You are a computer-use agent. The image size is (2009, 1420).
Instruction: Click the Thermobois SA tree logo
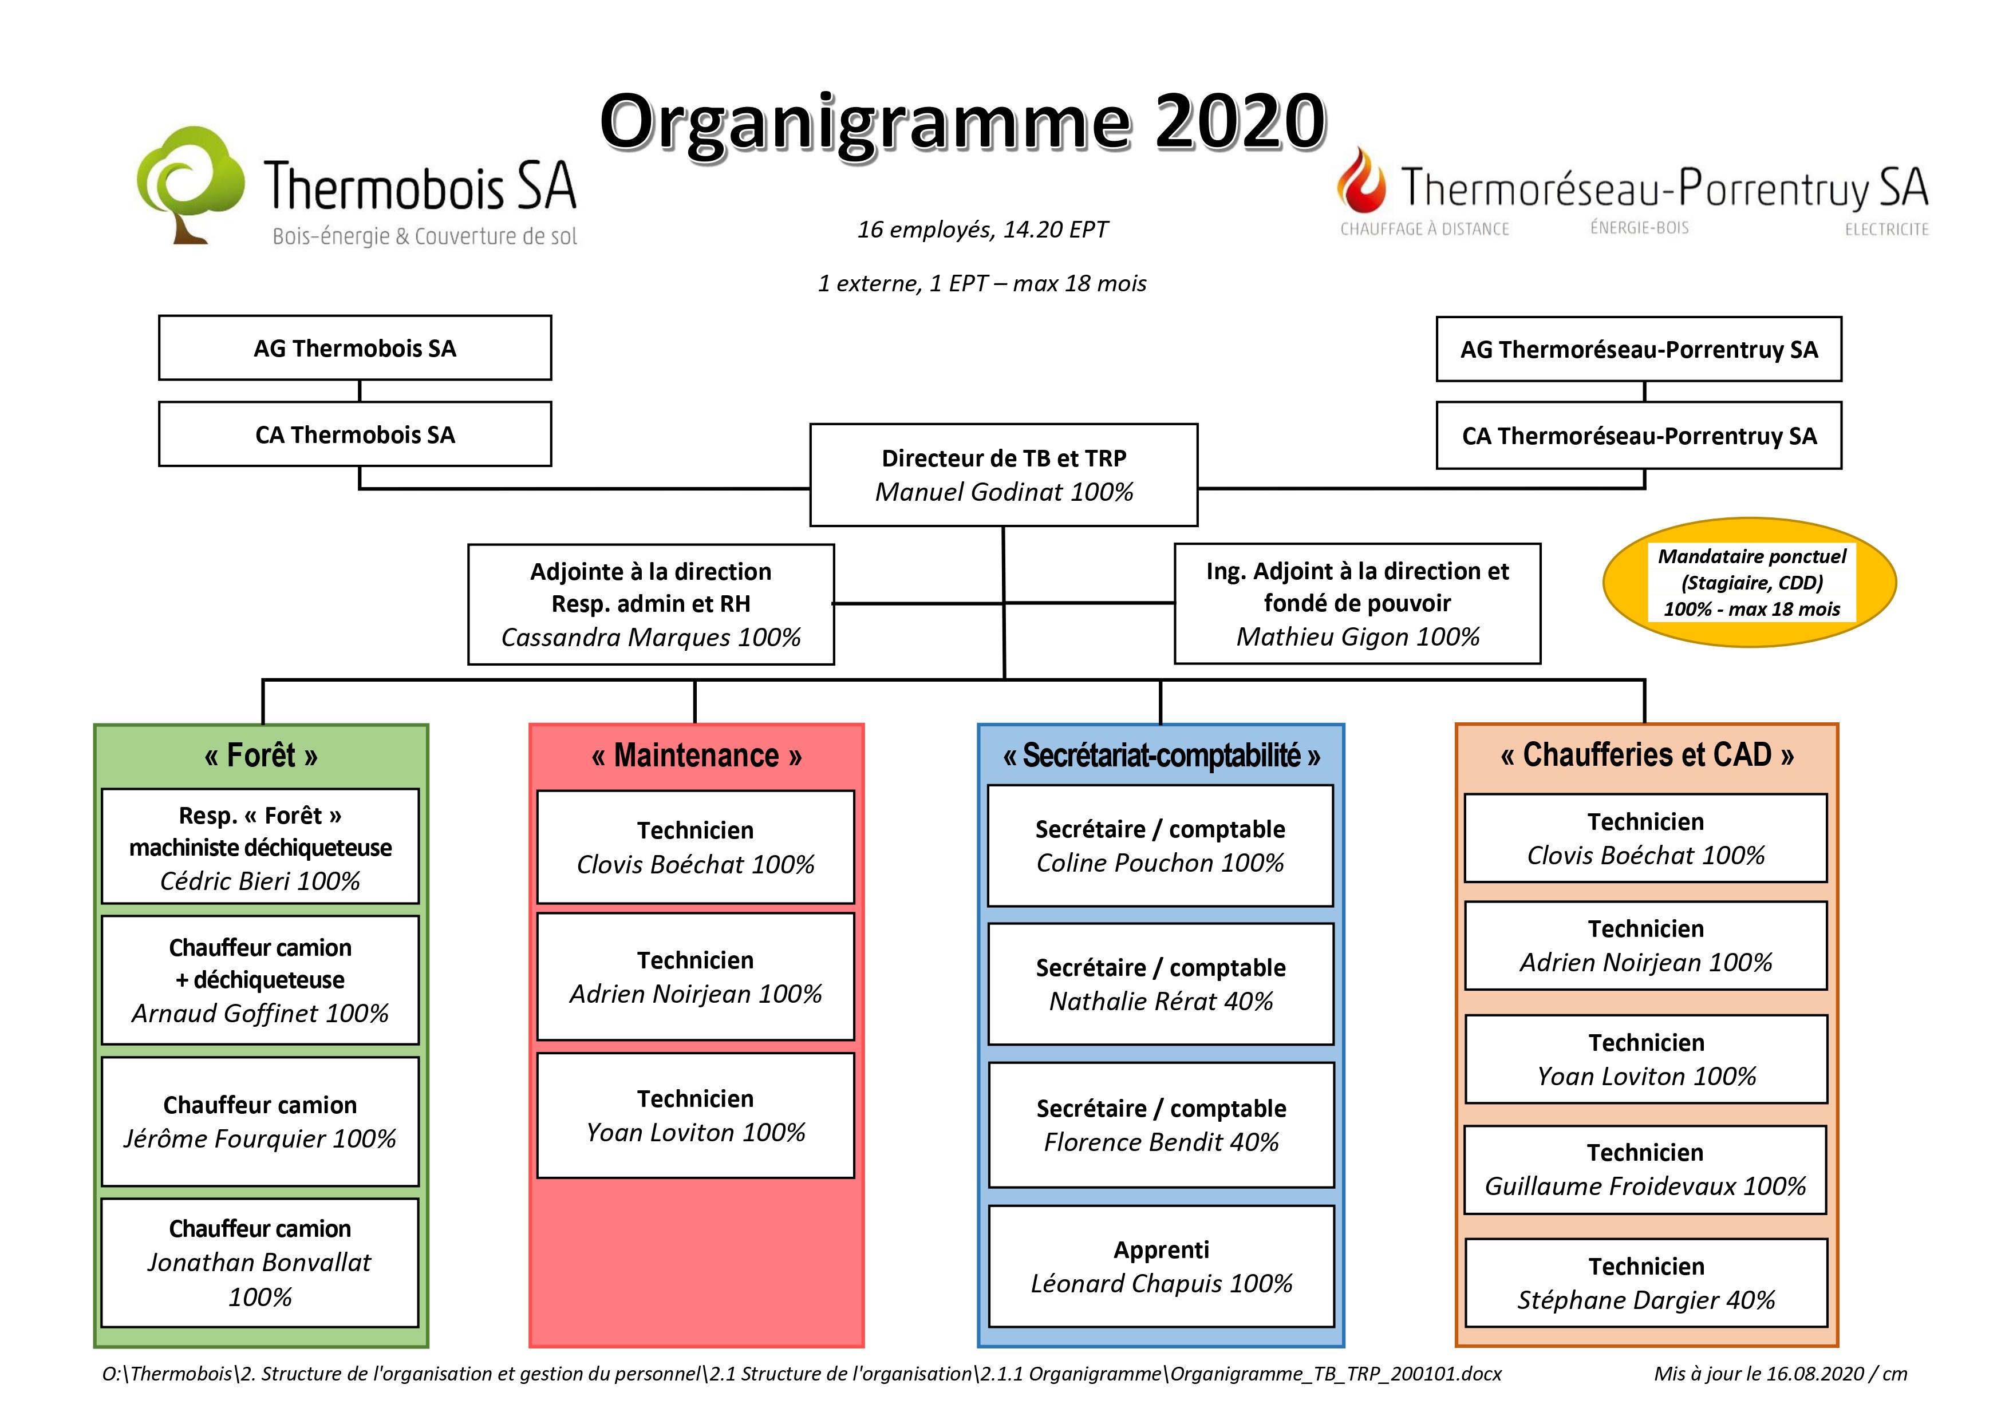coord(191,184)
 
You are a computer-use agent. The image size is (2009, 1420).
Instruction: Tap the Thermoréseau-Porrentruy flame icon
coord(1361,180)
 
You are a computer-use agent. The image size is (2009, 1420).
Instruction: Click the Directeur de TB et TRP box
coord(1004,475)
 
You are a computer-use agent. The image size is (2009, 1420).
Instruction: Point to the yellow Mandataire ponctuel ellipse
coord(1750,583)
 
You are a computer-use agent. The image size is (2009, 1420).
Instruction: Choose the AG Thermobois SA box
coord(355,348)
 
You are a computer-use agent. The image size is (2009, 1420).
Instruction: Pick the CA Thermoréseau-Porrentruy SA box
coord(1639,436)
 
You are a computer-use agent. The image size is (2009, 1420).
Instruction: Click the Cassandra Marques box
coord(651,604)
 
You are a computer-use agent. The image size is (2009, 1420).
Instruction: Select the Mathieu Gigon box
coord(1357,604)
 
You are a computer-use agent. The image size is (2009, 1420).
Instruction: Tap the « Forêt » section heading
coord(261,755)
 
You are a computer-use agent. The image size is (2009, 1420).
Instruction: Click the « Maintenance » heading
coord(697,755)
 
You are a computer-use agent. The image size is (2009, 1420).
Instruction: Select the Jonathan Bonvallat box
coord(260,1263)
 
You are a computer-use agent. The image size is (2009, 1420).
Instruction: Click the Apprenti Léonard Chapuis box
coord(1161,1266)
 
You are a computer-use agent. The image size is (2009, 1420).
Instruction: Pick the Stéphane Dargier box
coord(1646,1283)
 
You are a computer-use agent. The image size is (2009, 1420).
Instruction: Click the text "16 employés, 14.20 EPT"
coord(982,230)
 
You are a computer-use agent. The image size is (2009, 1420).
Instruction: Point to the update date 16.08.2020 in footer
coord(1815,1374)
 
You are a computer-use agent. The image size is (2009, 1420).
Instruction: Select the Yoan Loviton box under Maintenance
coord(696,1116)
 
